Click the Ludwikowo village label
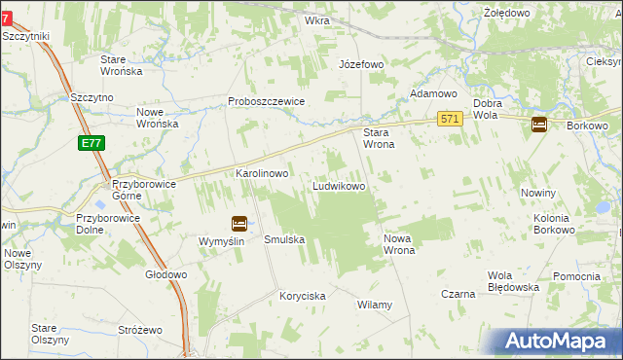(338, 186)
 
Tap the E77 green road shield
(91, 144)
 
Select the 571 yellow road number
(449, 119)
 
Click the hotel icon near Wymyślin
(238, 223)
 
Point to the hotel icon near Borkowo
(539, 125)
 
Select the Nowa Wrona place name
(400, 244)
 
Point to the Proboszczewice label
(267, 101)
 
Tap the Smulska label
(285, 239)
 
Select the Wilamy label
(375, 305)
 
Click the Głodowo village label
(165, 274)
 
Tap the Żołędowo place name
(506, 13)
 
